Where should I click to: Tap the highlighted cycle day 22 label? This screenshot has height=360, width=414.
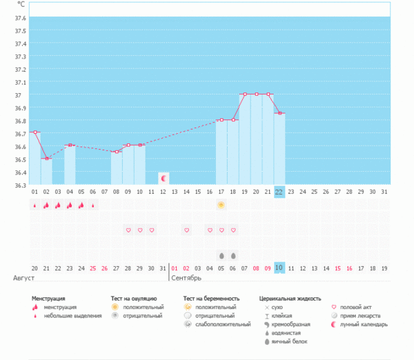point(279,192)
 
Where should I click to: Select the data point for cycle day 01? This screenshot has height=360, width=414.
point(34,132)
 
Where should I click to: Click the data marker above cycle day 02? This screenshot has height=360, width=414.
point(46,159)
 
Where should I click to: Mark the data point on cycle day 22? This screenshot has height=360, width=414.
point(279,113)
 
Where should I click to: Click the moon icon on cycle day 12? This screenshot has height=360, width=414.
point(164,179)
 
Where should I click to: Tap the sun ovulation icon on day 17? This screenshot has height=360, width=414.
point(221,205)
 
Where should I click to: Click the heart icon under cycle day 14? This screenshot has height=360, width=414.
point(186,230)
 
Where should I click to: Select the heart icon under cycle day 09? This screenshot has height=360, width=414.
point(128,230)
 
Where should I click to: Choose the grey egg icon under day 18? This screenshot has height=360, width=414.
point(233,255)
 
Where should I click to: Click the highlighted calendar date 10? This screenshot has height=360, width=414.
point(279,268)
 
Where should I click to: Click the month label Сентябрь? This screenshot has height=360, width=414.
point(186,278)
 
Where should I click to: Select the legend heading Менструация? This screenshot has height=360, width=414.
point(53,299)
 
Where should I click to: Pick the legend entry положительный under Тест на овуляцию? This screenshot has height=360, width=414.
point(139,307)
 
